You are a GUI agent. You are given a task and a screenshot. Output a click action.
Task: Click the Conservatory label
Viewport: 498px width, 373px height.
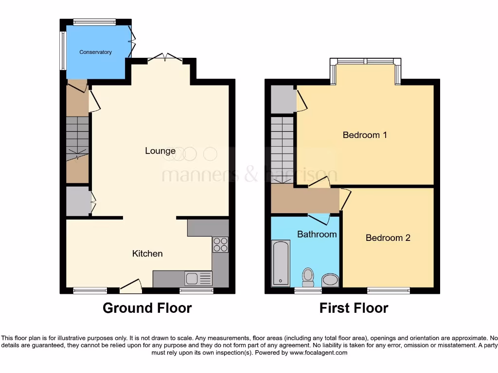click(95, 52)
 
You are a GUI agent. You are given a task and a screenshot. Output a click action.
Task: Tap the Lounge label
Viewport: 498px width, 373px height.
click(160, 151)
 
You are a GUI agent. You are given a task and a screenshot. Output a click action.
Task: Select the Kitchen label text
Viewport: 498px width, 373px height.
click(147, 254)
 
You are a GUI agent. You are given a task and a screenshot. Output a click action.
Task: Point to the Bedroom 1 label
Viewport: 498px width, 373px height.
click(365, 135)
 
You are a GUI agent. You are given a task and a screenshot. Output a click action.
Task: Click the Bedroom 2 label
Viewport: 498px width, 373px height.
click(388, 237)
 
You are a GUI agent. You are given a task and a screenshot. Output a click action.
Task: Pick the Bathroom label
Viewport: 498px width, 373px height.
click(317, 234)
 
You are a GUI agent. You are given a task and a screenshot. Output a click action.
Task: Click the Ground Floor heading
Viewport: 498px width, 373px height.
click(147, 308)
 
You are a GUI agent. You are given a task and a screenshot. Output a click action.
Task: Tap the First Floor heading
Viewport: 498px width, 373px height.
click(354, 308)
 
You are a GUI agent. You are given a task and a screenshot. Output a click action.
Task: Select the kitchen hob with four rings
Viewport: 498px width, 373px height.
click(220, 244)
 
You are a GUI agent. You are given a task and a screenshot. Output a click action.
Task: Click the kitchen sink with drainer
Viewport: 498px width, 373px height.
click(198, 278)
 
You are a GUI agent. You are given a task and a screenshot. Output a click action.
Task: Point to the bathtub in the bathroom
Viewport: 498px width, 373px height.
click(281, 263)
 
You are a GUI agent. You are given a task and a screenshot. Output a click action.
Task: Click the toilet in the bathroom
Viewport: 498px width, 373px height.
click(307, 277)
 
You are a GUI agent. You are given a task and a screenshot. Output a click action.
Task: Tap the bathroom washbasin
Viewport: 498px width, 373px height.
click(331, 280)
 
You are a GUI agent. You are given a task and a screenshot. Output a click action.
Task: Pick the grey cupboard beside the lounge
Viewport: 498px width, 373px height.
click(77, 201)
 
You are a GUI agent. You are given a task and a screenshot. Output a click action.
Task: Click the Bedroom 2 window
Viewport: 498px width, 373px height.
click(388, 290)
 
